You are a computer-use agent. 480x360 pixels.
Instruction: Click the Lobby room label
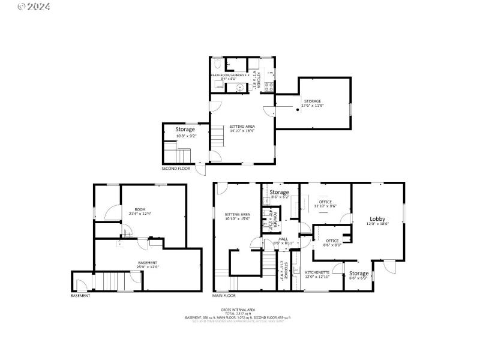pos(377,219)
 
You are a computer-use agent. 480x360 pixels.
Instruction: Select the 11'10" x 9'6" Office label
pos(325,202)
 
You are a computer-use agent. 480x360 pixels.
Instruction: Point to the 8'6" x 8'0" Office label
pos(332,241)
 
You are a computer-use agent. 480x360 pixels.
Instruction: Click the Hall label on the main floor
pos(283,239)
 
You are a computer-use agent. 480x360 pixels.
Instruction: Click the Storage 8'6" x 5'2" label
pos(280,193)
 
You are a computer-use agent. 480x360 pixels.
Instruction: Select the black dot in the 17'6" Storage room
pos(298,109)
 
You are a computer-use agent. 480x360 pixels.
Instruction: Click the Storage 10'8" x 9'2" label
pos(185,131)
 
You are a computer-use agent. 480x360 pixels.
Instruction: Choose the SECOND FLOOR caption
pos(176,169)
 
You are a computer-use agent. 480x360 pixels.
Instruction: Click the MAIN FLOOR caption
pos(224,295)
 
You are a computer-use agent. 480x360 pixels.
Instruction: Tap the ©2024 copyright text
pos(34,7)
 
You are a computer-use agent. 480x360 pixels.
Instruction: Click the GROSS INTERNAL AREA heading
pos(239,309)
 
